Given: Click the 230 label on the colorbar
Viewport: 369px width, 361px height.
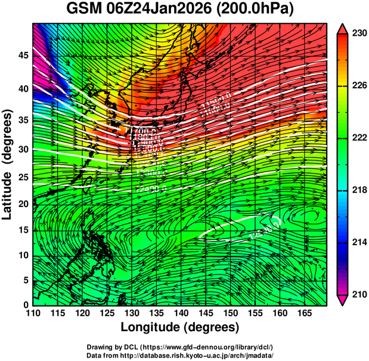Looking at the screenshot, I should pyautogui.click(x=357, y=34).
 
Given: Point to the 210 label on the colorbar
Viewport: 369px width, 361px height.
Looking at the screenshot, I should pyautogui.click(x=357, y=294).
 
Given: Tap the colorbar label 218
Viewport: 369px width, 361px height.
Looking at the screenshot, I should pyautogui.click(x=357, y=190).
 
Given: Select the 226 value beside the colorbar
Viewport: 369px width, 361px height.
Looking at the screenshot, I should pyautogui.click(x=357, y=86).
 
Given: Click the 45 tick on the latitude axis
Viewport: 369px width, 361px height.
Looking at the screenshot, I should pyautogui.click(x=22, y=55).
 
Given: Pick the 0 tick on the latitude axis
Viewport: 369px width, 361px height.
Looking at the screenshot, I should pyautogui.click(x=26, y=305).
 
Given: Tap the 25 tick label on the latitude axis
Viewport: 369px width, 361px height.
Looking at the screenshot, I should pyautogui.click(x=22, y=177).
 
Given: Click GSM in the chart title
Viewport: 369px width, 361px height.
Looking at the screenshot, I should pyautogui.click(x=82, y=10).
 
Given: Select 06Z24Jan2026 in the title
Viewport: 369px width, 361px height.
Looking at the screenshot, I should pyautogui.click(x=161, y=10).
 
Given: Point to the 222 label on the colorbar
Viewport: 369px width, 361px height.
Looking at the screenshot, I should pyautogui.click(x=357, y=138).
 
